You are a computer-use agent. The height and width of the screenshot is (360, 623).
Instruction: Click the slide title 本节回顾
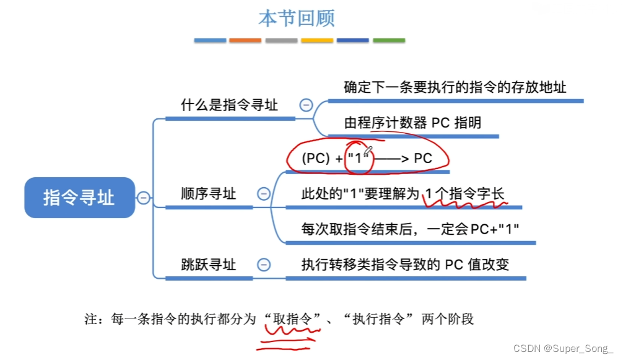(296, 18)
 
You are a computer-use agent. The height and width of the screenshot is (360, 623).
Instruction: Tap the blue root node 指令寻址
(79, 198)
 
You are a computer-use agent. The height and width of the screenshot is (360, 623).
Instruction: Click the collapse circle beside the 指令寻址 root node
(143, 198)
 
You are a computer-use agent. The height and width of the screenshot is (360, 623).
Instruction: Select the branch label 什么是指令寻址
(229, 105)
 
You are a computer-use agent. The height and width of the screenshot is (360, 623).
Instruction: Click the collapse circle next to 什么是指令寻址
(306, 105)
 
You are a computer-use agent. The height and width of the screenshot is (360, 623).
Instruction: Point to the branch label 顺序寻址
(208, 194)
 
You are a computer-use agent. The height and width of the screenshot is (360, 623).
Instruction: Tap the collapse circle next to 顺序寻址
(263, 194)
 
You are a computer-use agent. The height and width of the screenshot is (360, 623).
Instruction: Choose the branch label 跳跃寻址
(208, 265)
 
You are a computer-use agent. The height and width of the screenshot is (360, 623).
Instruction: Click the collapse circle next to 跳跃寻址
(263, 265)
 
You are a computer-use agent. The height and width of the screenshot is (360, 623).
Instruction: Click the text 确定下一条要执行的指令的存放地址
(455, 87)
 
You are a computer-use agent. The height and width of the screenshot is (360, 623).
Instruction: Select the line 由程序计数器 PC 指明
(412, 122)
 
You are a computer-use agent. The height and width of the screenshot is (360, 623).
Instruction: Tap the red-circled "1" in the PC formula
(359, 158)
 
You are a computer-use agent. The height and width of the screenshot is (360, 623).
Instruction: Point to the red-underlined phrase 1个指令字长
(465, 194)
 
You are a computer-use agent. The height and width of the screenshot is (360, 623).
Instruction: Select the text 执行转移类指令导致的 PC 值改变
(405, 265)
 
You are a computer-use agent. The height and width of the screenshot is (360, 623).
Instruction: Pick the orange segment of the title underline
(245, 40)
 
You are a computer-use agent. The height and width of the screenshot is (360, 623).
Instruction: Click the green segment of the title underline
(389, 40)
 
